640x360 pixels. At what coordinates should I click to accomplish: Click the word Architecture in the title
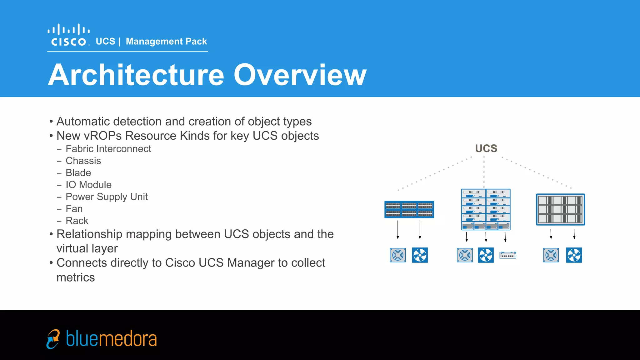pyautogui.click(x=136, y=75)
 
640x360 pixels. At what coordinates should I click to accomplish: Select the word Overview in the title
pyautogui.click(x=300, y=75)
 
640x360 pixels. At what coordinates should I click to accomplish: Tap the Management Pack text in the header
pyautogui.click(x=166, y=41)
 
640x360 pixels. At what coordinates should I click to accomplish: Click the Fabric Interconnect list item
pyautogui.click(x=108, y=149)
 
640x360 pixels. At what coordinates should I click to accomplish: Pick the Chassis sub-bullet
pyautogui.click(x=83, y=161)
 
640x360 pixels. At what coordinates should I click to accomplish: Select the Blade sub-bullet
pyautogui.click(x=78, y=173)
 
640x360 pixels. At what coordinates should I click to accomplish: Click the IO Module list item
pyautogui.click(x=88, y=185)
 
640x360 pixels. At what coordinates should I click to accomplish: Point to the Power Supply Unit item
pyautogui.click(x=107, y=197)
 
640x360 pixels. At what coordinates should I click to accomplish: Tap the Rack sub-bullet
pyautogui.click(x=77, y=221)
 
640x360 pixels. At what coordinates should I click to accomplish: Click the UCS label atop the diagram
pyautogui.click(x=486, y=148)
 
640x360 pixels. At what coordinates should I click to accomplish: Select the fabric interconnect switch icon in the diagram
pyautogui.click(x=409, y=209)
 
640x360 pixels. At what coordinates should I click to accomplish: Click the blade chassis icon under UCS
pyautogui.click(x=486, y=209)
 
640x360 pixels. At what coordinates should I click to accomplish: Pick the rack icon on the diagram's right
pyautogui.click(x=560, y=209)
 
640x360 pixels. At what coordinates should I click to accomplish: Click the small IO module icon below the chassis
pyautogui.click(x=507, y=255)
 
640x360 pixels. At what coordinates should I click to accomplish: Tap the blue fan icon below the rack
pyautogui.click(x=574, y=255)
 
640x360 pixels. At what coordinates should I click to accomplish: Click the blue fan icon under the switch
pyautogui.click(x=420, y=255)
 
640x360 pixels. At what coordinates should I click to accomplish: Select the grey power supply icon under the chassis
pyautogui.click(x=465, y=255)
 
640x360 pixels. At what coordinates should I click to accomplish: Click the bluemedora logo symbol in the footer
pyautogui.click(x=53, y=339)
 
